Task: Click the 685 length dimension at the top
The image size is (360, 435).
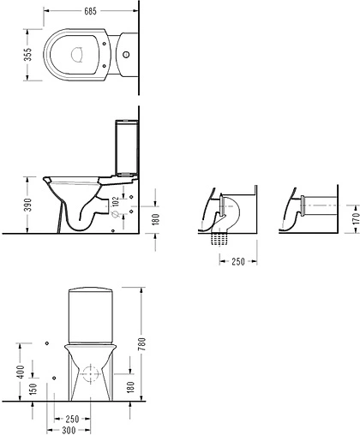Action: coord(91,11)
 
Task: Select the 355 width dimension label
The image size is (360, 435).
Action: coord(27,55)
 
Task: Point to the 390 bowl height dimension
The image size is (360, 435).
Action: coord(27,205)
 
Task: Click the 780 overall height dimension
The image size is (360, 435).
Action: coord(142,344)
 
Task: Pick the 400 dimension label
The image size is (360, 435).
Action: coord(21,372)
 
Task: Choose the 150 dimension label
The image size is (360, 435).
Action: coord(33,390)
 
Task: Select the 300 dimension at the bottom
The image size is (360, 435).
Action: coord(69,430)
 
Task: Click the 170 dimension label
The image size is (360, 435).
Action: coord(356,218)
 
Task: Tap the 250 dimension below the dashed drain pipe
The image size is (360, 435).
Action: coord(238,261)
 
